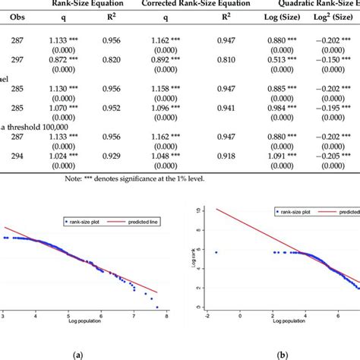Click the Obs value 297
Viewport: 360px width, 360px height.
[17, 58]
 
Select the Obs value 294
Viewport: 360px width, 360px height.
[17, 155]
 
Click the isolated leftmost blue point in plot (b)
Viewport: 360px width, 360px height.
[216, 252]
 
